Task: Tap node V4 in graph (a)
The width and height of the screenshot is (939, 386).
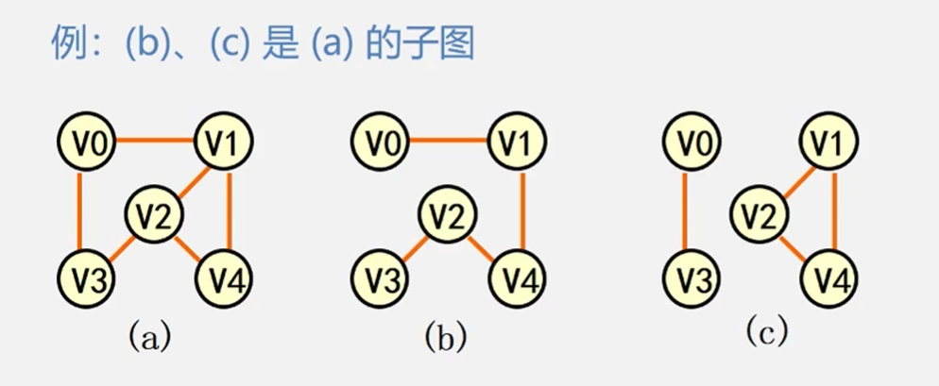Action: tap(226, 278)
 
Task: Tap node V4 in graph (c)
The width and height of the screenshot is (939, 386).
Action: tap(831, 278)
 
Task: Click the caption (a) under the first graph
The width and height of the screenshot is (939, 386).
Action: tap(150, 334)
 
